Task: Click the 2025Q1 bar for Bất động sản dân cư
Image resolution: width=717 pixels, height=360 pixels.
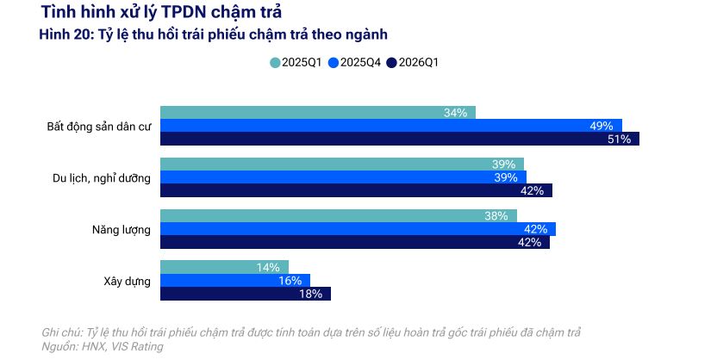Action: [317, 113]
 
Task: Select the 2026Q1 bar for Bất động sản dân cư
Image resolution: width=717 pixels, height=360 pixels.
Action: [400, 139]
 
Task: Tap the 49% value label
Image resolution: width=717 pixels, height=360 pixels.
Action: [601, 126]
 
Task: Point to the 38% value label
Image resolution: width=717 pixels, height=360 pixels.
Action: [496, 216]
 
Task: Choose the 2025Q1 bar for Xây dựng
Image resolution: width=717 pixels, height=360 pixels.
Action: [224, 267]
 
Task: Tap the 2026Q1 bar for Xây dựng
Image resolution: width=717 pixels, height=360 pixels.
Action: [245, 294]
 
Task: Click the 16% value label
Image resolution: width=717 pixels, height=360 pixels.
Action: [290, 281]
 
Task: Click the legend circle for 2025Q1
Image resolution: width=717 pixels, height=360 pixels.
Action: [275, 62]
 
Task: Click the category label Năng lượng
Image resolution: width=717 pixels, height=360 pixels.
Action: [122, 229]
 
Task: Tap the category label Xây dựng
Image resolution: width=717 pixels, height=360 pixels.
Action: [127, 281]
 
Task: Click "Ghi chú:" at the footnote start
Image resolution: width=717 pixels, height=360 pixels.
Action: [61, 332]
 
